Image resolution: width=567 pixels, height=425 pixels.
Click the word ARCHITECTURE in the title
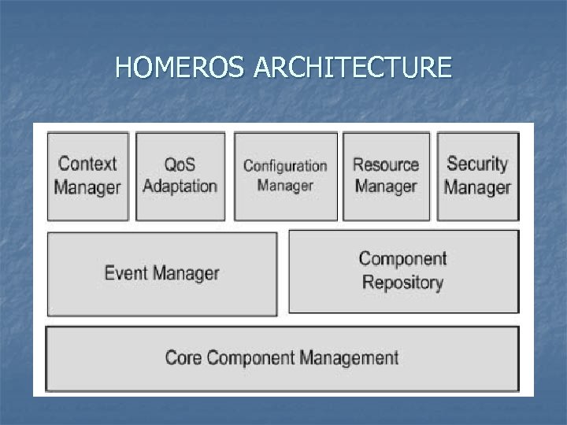[353, 68]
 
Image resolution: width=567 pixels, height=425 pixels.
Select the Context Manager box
[88, 176]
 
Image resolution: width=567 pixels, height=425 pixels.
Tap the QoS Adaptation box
[180, 176]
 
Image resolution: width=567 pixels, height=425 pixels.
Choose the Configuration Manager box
[285, 176]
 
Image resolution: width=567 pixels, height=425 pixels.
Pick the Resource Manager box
[386, 176]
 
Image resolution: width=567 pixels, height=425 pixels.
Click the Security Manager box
[477, 176]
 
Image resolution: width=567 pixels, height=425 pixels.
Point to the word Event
[127, 274]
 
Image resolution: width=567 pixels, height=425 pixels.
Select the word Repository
[402, 282]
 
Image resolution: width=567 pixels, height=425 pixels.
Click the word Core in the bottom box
[183, 358]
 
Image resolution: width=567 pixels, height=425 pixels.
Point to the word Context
[87, 164]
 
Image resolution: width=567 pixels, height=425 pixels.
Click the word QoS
[180, 164]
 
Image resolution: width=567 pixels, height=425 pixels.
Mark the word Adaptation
[180, 187]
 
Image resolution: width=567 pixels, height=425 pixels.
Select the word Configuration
[285, 166]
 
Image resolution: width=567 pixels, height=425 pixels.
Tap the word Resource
[386, 164]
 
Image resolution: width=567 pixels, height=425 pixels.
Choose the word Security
[477, 164]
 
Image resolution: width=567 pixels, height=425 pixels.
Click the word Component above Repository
[402, 259]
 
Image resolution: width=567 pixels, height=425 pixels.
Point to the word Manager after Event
[186, 274]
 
